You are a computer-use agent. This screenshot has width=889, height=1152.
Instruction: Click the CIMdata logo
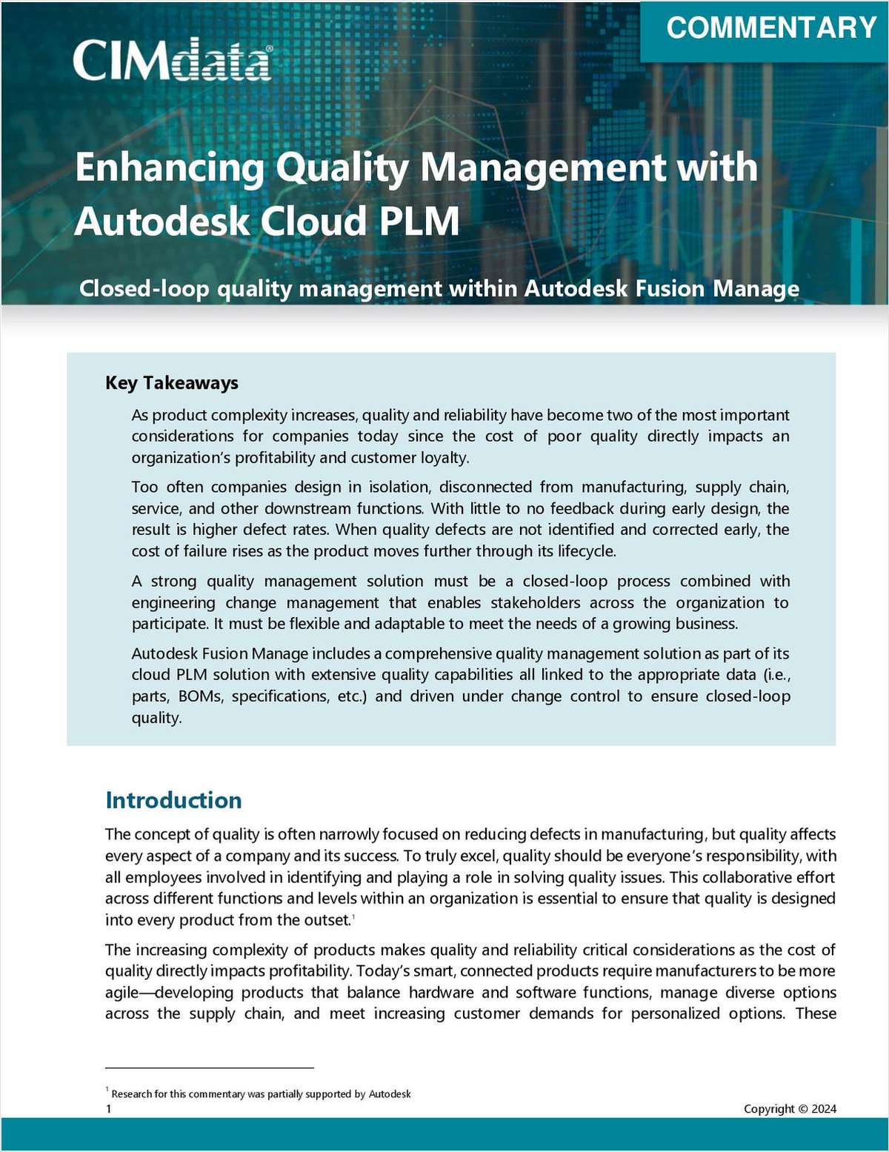172,59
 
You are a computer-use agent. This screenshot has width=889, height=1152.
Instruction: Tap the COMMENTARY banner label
771,28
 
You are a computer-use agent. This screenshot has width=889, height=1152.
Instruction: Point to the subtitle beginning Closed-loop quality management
439,288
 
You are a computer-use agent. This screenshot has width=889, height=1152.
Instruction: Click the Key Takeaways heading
172,383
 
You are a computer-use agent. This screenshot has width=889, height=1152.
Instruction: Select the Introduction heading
173,800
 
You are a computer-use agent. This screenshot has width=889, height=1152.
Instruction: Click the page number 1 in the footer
109,1109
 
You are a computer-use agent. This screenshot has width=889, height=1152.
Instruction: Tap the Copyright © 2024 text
790,1109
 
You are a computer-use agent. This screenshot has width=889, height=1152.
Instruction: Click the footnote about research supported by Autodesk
261,1094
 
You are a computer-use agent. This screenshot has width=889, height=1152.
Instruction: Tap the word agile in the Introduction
121,993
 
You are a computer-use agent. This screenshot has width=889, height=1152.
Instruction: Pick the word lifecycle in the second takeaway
583,551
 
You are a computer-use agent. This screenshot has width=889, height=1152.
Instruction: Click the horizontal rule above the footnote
210,1068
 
